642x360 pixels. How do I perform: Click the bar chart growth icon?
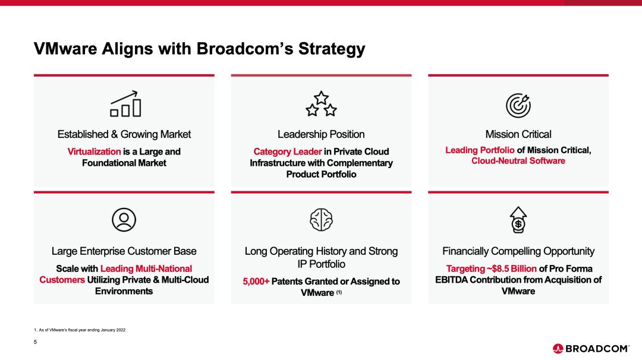(x=125, y=104)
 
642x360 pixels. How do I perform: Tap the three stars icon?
(x=321, y=104)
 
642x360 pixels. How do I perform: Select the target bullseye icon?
(x=518, y=105)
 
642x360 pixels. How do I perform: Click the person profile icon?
(x=124, y=220)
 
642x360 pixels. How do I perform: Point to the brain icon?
(x=321, y=220)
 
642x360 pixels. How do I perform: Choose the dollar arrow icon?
(x=518, y=220)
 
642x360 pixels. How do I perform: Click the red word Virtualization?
(x=94, y=151)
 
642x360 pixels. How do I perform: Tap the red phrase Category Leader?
(x=288, y=151)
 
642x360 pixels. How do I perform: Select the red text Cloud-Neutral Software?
(x=518, y=161)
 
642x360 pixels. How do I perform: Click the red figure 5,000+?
(x=256, y=282)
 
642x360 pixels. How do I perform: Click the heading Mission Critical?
(x=518, y=134)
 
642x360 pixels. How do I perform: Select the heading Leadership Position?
(x=321, y=134)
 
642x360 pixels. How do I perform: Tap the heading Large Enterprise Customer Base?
(x=124, y=251)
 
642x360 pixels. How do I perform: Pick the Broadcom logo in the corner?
(x=591, y=349)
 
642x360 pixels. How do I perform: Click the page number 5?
(x=35, y=342)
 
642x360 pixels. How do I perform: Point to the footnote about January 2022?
(x=80, y=330)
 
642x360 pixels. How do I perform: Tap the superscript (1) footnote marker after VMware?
(x=339, y=292)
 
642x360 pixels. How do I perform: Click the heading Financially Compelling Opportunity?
(x=518, y=251)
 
